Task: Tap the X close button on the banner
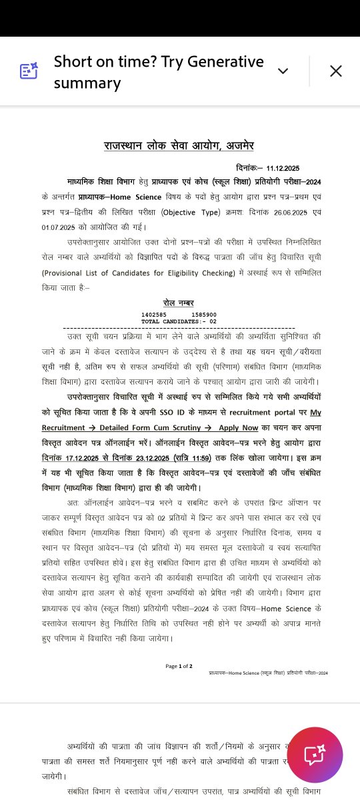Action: [335, 71]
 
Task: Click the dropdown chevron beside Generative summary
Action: [283, 71]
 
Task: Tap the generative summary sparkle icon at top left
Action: [29, 71]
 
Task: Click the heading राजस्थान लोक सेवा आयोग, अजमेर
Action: [179, 145]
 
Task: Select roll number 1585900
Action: [203, 315]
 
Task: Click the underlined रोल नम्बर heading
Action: [179, 303]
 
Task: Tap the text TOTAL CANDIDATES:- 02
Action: [179, 321]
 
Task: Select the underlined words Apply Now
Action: [238, 427]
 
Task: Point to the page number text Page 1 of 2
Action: [179, 665]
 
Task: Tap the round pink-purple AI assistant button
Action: [315, 755]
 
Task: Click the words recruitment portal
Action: [272, 412]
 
